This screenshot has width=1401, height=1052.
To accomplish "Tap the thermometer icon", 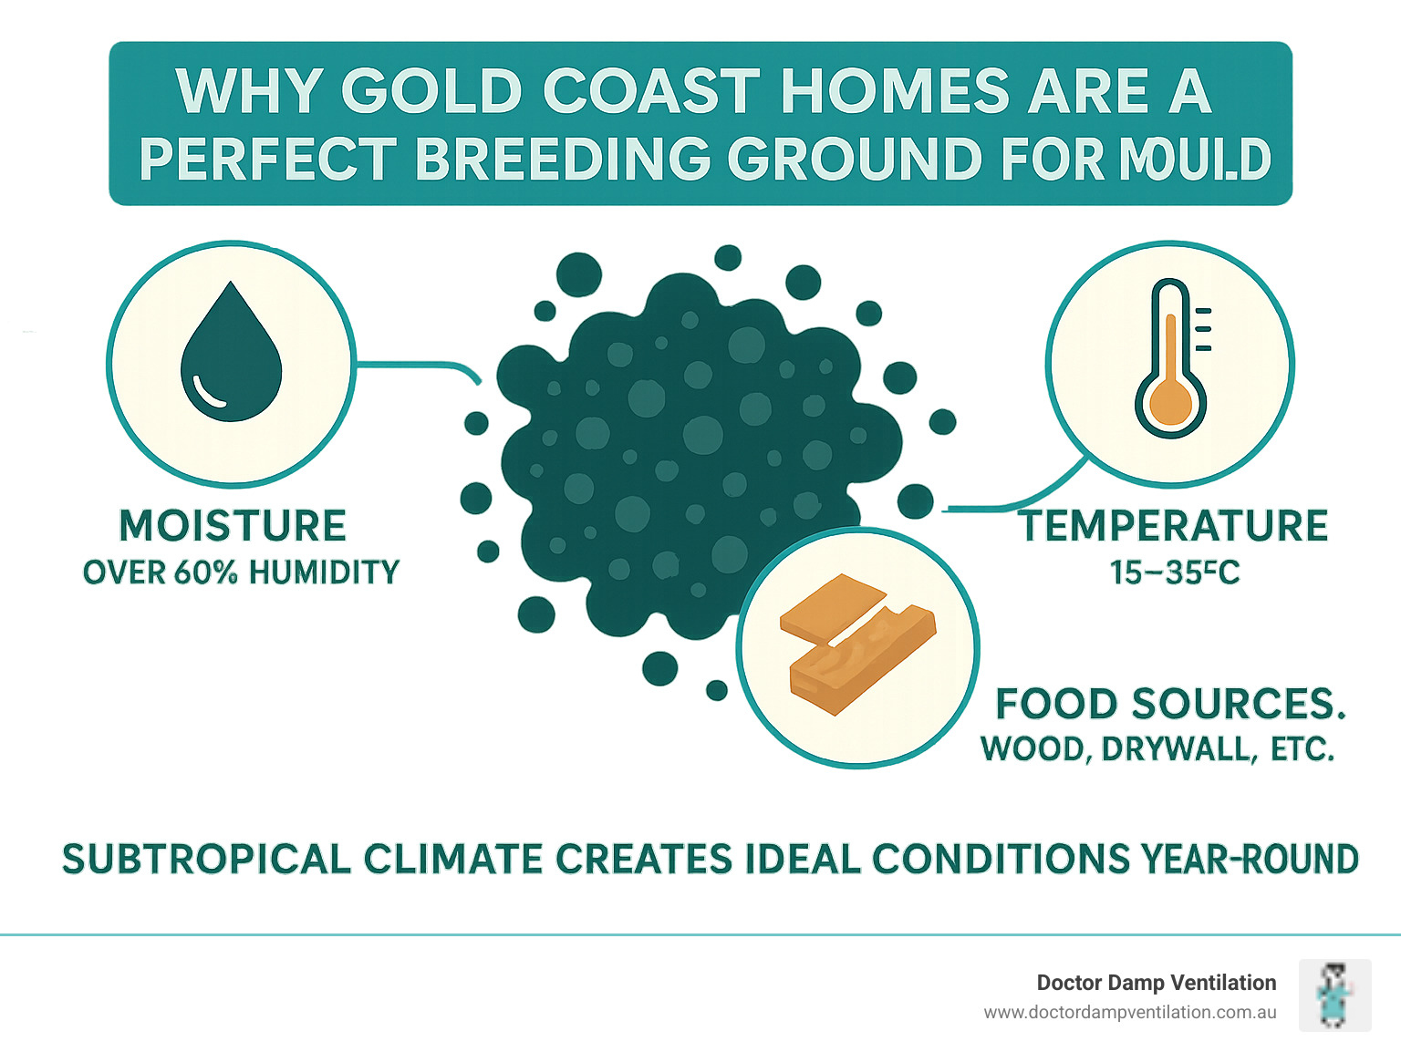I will click(x=1171, y=360).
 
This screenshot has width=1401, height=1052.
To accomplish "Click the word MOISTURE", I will click(x=233, y=526).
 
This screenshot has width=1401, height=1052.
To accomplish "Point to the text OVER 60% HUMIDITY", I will click(x=241, y=572).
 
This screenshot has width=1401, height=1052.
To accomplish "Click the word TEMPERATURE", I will click(x=1174, y=526).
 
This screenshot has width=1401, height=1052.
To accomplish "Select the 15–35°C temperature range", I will click(x=1174, y=572).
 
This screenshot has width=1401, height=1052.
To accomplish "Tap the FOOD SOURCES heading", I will click(x=1170, y=704).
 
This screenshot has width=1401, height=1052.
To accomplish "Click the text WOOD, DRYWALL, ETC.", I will click(x=1157, y=748).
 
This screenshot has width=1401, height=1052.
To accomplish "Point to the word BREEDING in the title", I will click(x=563, y=160).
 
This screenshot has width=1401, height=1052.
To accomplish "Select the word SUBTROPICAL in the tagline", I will click(x=206, y=859).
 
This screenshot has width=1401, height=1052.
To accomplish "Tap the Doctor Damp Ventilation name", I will click(x=1156, y=983).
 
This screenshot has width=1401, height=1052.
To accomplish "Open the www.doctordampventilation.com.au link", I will click(x=1129, y=1012).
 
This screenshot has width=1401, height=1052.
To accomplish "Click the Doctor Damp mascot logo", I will click(x=1334, y=995).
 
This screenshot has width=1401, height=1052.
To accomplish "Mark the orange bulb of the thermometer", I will click(x=1170, y=404).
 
